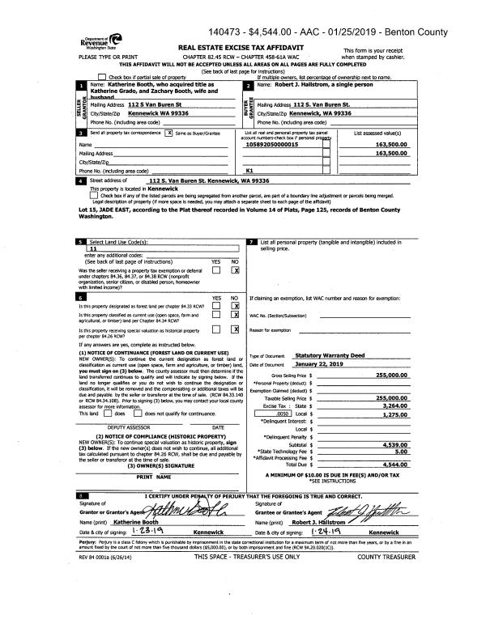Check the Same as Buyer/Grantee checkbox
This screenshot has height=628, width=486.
[168, 131]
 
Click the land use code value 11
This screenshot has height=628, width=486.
[94, 249]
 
